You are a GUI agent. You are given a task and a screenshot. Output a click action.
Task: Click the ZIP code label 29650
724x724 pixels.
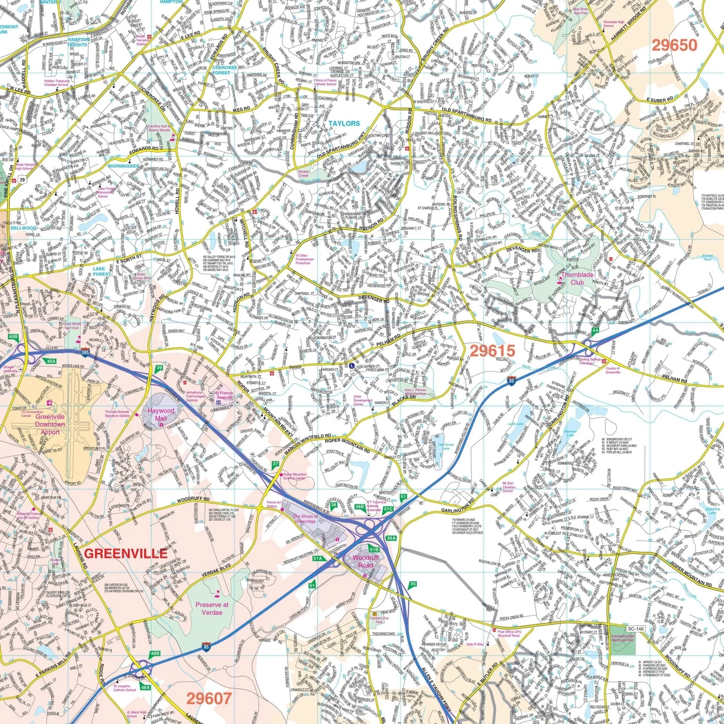(674, 45)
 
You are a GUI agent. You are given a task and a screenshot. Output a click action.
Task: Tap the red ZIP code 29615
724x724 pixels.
(492, 351)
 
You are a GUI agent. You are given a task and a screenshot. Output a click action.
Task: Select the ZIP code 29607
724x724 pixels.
(209, 698)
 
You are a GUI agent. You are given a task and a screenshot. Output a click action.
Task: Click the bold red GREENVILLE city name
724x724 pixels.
(126, 553)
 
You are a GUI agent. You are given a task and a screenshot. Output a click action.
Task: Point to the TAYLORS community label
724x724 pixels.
(344, 124)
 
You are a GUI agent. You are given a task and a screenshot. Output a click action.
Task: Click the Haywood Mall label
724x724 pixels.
(161, 414)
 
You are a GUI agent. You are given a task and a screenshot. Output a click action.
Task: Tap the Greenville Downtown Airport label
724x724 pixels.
(50, 424)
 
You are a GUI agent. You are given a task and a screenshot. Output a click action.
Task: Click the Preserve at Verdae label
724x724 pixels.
(212, 608)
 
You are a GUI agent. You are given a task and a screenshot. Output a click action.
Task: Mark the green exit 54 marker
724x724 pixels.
(596, 330)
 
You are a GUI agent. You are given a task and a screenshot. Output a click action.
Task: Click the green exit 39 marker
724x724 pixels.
(159, 368)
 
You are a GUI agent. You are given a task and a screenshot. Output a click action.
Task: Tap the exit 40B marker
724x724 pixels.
(13, 336)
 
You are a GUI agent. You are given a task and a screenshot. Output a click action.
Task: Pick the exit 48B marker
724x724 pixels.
(154, 654)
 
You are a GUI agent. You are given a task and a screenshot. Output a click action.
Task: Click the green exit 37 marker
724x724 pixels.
(275, 464)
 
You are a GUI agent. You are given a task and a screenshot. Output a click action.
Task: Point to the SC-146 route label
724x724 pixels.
(636, 629)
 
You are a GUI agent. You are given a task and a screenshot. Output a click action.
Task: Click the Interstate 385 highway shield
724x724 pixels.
(85, 353)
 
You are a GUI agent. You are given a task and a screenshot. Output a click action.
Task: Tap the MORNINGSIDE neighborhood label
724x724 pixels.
(124, 166)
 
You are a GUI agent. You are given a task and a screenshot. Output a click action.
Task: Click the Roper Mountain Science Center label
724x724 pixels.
(294, 476)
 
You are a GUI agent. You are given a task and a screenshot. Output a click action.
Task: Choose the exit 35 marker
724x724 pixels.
(413, 584)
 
